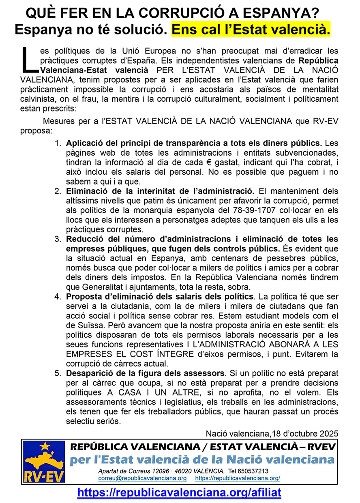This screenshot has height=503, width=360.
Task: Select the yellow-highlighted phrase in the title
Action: tap(251, 30)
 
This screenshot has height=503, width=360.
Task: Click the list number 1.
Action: tap(58, 143)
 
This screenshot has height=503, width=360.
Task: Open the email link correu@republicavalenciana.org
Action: tap(142, 478)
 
